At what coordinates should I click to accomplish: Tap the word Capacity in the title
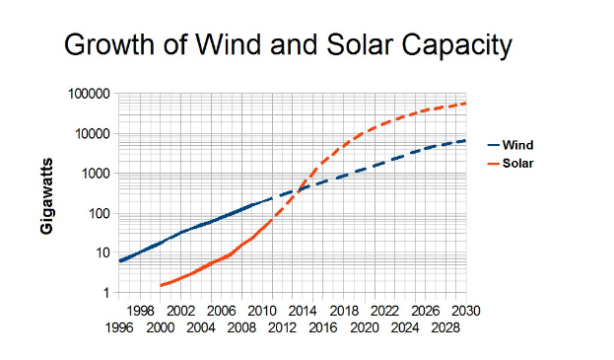click(x=459, y=44)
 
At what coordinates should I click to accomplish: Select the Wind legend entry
click(x=516, y=144)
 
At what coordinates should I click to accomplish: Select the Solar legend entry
click(x=517, y=163)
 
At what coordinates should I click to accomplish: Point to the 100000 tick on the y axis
click(x=87, y=94)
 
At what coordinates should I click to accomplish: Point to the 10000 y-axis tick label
click(x=91, y=134)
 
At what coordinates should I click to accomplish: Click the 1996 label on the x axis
click(x=119, y=326)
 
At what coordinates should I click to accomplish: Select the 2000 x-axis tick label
click(x=160, y=326)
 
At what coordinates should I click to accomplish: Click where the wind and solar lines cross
click(x=300, y=189)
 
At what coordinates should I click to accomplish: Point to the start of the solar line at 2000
click(x=160, y=286)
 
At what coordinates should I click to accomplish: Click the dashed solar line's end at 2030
click(x=465, y=104)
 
